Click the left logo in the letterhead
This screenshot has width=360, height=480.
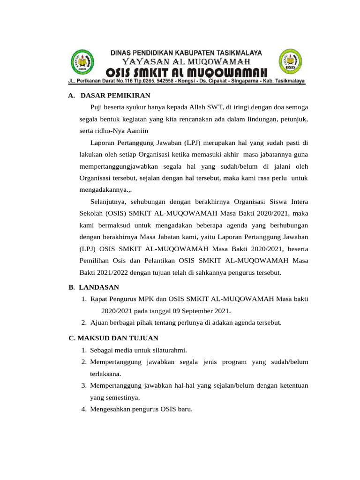pos(82,63)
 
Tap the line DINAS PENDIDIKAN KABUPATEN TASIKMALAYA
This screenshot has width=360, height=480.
pos(186,52)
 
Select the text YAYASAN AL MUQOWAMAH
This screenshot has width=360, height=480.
pos(186,61)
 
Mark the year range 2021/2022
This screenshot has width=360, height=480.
pos(110,272)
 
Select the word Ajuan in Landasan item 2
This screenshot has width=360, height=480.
pos(99,322)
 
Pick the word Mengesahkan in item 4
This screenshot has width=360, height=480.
pos(109,409)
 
